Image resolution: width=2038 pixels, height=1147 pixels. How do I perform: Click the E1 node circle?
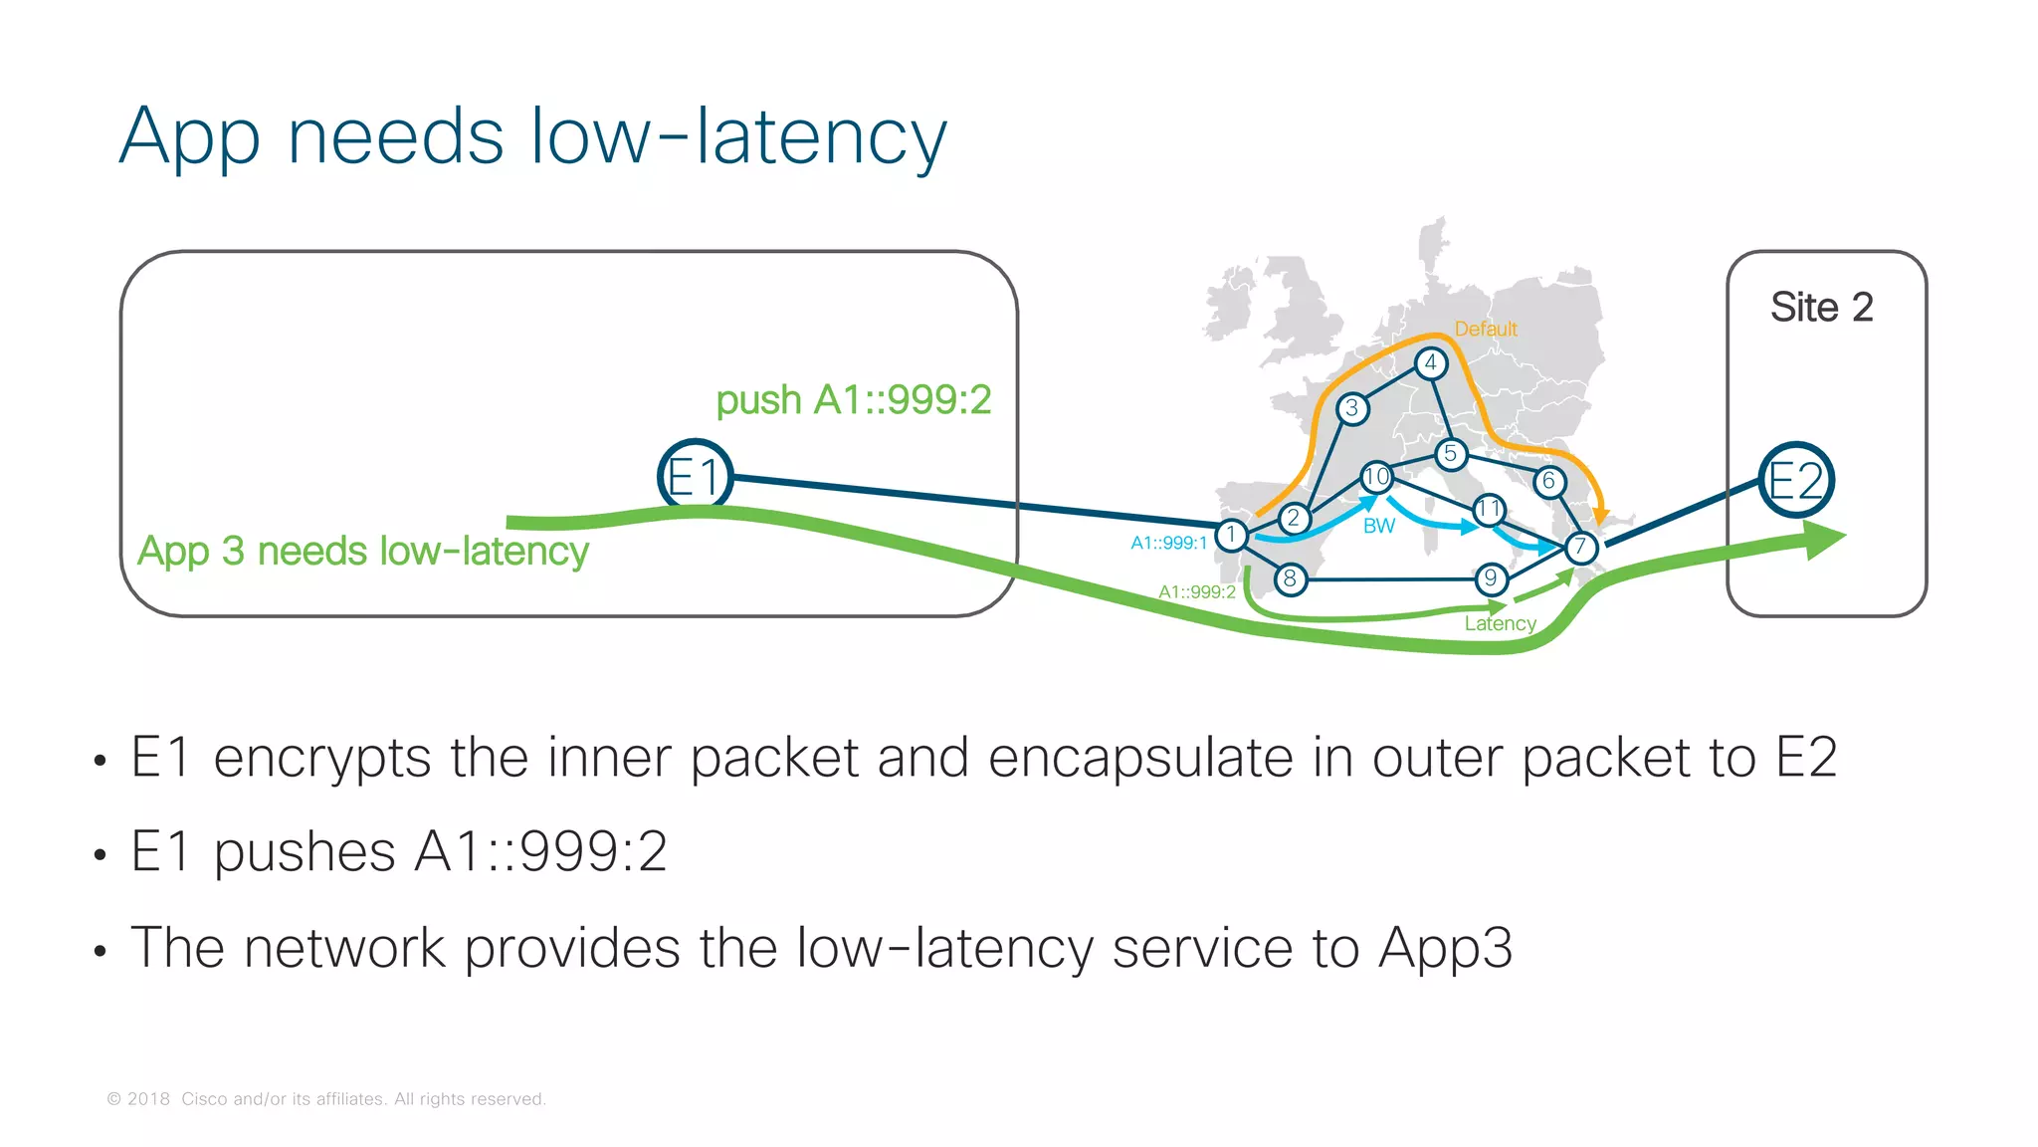pos(695,477)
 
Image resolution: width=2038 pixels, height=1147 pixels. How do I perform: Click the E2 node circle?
pos(1795,480)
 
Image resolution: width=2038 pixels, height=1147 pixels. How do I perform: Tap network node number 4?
pos(1430,363)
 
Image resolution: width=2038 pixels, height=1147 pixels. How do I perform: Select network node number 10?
pos(1376,478)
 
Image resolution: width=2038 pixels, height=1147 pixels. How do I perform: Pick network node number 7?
pos(1580,547)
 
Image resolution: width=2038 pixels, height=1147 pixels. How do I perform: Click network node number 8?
pos(1290,578)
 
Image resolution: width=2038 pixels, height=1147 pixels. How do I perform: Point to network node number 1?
pos(1231,536)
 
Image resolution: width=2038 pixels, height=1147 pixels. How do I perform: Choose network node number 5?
pos(1451,455)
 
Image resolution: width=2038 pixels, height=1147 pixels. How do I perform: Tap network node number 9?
pos(1490,578)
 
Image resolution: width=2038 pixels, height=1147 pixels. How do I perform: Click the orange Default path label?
pos(1485,329)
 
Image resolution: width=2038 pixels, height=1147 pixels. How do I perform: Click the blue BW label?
pos(1378,526)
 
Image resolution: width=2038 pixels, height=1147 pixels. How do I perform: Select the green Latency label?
pos(1500,623)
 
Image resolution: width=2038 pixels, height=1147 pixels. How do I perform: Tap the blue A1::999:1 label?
pos(1168,543)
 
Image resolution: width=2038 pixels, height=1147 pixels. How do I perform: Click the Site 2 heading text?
pos(1821,307)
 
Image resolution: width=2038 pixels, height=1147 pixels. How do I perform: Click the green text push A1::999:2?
pos(853,399)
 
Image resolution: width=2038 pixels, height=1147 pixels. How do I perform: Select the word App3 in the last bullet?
pos(1445,947)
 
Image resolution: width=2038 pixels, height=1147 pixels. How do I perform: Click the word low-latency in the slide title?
pos(738,136)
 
